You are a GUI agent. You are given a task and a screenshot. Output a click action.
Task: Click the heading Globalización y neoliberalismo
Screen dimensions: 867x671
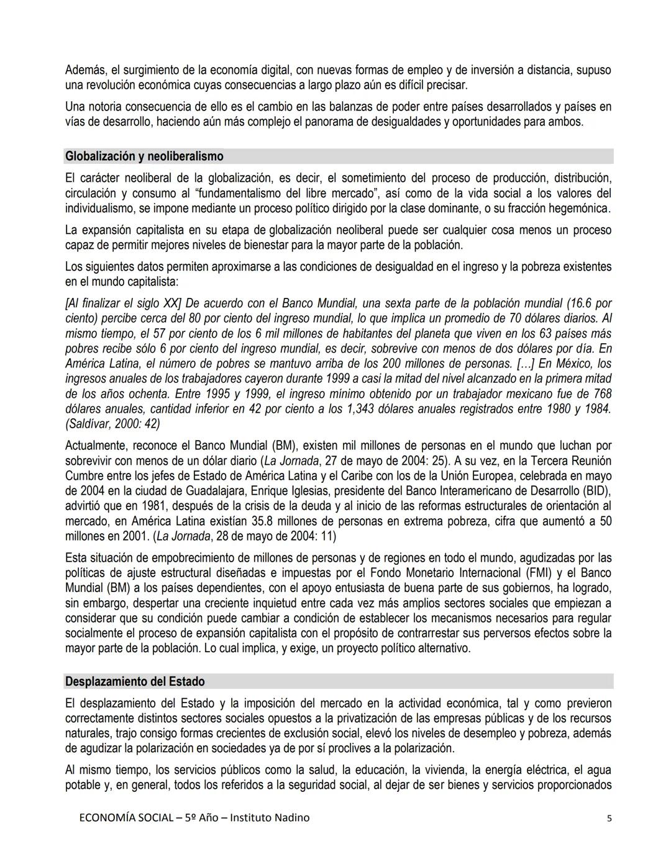144,156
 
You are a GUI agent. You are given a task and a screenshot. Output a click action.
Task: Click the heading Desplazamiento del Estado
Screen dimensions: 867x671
135,681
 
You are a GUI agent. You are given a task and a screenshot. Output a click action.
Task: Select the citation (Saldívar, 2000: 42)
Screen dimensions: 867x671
112,424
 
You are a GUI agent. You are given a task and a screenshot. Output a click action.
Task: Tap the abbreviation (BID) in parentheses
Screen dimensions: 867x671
597,491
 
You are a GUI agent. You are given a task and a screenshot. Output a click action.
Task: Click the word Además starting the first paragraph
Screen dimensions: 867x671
85,70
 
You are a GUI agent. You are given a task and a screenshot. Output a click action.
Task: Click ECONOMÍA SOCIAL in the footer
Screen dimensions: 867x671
126,817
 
